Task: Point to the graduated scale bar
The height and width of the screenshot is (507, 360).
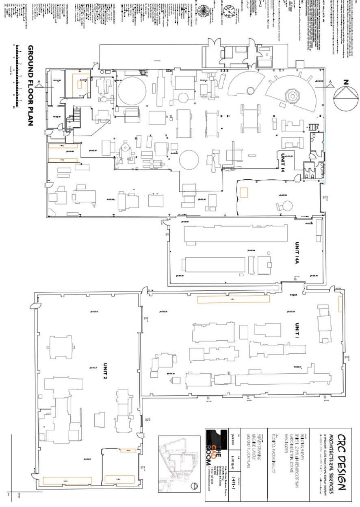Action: tap(16, 75)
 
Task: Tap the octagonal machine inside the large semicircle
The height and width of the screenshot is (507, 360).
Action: tap(293, 96)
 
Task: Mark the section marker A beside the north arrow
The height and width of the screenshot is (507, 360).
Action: tap(330, 83)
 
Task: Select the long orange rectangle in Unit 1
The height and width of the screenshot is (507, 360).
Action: tap(233, 299)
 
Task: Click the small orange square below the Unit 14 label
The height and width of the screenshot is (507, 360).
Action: tap(243, 192)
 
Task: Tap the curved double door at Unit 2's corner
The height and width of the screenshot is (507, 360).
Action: tap(33, 307)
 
